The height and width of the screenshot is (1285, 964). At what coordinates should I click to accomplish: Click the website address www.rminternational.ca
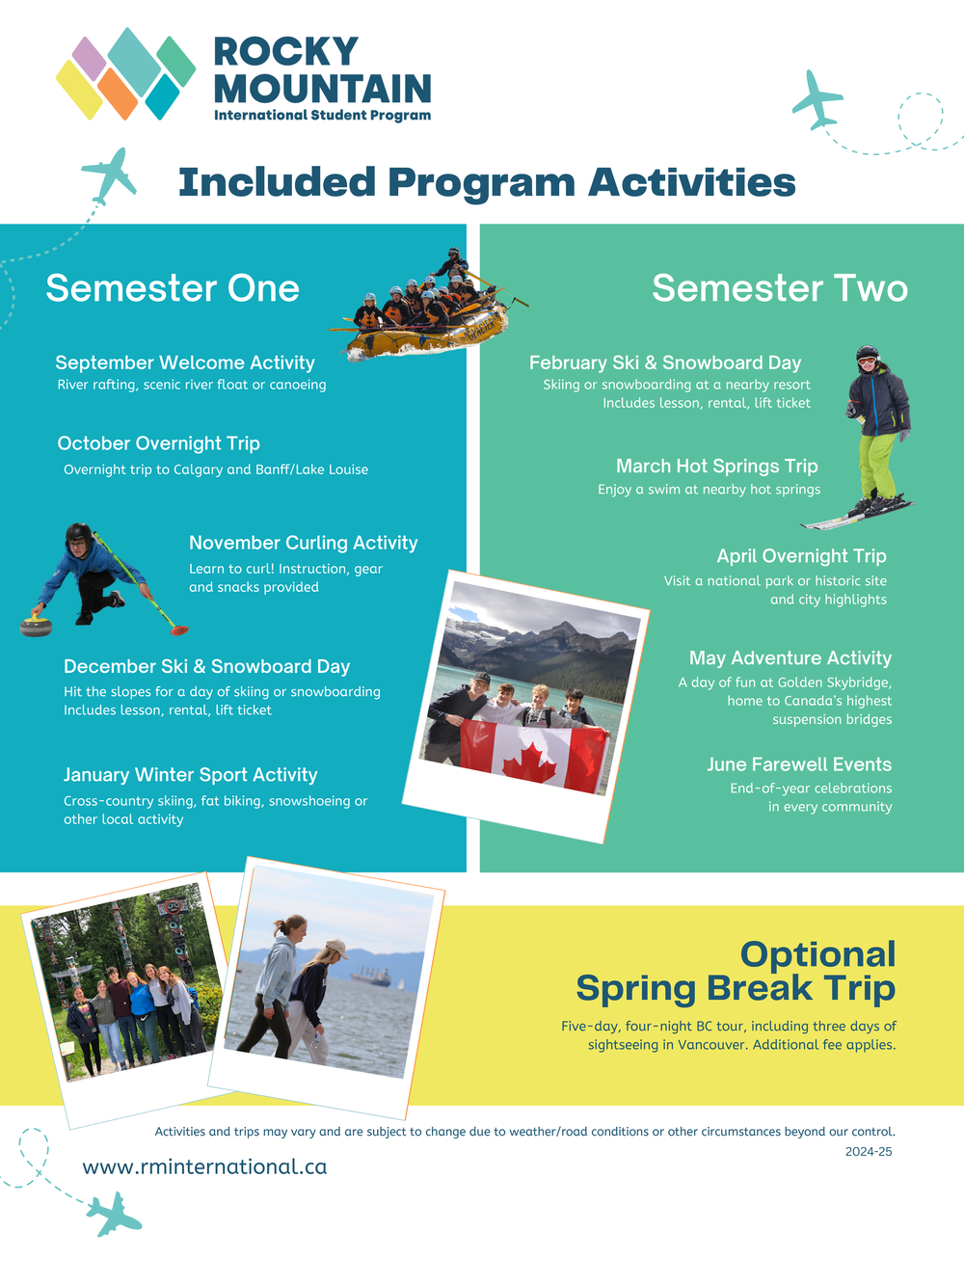point(204,1166)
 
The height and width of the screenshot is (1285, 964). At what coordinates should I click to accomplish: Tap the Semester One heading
point(173,288)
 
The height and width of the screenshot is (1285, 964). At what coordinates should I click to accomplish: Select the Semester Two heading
point(780,288)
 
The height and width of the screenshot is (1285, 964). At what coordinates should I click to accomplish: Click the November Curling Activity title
point(304,543)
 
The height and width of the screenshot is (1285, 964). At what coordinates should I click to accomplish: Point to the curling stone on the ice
point(37,626)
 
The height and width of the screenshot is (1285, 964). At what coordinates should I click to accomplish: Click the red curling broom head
point(179,629)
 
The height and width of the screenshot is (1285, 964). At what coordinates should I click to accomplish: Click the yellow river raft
point(427,334)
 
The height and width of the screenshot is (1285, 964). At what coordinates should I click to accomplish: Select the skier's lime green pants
point(877,466)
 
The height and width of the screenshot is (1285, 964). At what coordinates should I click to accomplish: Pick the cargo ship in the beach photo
point(370,976)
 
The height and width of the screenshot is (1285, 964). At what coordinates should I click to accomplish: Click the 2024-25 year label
point(869,1152)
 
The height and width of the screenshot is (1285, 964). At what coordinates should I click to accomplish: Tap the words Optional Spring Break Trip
point(736,971)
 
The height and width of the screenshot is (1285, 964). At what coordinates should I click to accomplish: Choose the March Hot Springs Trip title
point(716,466)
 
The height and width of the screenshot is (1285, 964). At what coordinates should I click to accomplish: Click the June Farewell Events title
point(799,764)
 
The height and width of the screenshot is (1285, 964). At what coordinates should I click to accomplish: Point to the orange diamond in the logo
point(118,94)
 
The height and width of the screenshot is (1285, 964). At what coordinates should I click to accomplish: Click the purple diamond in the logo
point(89,59)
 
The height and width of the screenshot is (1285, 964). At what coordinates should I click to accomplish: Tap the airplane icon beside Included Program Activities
point(110,174)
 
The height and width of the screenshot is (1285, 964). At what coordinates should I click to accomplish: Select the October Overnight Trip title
point(159,443)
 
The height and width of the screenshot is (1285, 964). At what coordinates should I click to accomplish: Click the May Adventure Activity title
point(790,658)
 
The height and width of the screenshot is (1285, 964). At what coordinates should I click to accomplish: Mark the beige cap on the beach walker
point(336,948)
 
